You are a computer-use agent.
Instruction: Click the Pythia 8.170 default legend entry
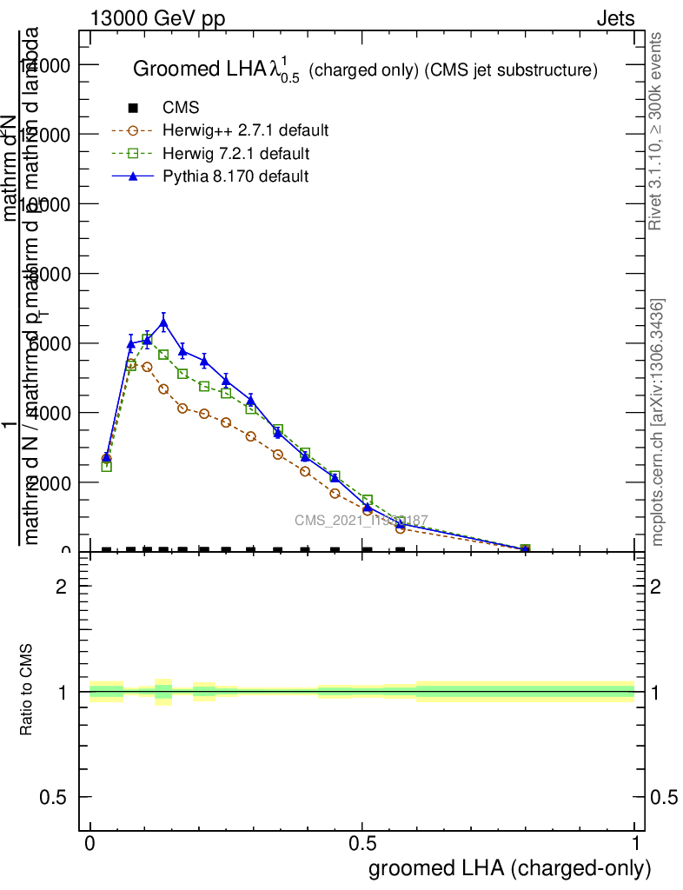(235, 176)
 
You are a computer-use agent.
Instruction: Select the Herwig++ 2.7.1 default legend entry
(245, 131)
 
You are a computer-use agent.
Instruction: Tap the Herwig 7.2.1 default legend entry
(235, 154)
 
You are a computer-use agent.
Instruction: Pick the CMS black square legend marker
(133, 108)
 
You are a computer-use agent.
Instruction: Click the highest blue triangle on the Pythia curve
(163, 322)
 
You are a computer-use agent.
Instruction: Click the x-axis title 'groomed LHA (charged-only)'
(510, 868)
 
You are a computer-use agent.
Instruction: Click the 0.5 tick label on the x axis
(362, 844)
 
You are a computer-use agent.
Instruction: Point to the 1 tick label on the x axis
(635, 844)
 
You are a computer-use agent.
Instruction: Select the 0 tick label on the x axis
(90, 844)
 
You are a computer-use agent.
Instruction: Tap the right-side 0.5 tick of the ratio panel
(663, 797)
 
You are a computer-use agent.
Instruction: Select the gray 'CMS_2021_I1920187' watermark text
(361, 521)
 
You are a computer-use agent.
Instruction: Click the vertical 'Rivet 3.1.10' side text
(657, 130)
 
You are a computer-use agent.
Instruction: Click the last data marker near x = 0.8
(525, 549)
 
